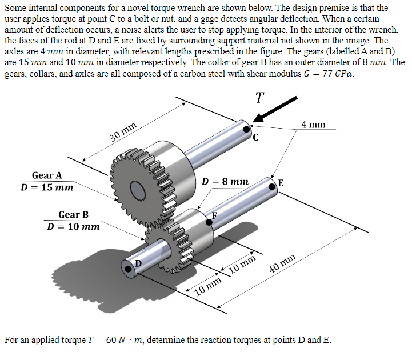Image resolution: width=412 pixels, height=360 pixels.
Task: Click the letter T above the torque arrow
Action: pyautogui.click(x=260, y=97)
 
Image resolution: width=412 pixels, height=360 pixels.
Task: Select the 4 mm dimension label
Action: pyautogui.click(x=313, y=124)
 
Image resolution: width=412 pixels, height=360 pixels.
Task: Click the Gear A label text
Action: pyautogui.click(x=47, y=175)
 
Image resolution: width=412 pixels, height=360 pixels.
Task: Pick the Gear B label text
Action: pyautogui.click(x=73, y=215)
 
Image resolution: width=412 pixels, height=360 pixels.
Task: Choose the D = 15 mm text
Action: pyautogui.click(x=47, y=187)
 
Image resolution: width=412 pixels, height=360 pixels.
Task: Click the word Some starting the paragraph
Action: pyautogui.click(x=17, y=7)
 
